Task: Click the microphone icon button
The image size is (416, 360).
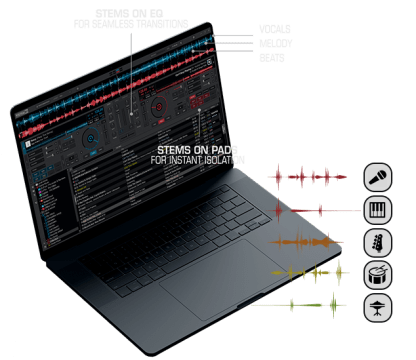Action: click(x=377, y=177)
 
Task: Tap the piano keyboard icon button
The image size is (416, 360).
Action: click(x=377, y=209)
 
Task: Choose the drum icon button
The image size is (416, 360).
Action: click(x=377, y=273)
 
